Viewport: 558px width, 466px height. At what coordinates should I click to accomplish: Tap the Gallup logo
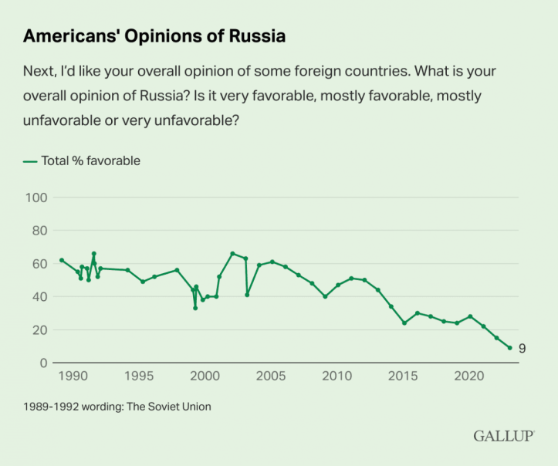pyautogui.click(x=504, y=436)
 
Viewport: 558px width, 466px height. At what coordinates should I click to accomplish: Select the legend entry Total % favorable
pyautogui.click(x=82, y=160)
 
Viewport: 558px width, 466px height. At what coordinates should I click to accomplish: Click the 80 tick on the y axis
pyautogui.click(x=39, y=231)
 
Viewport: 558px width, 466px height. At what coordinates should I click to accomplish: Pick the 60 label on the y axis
pyautogui.click(x=39, y=264)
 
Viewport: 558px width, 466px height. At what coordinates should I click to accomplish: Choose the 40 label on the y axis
pyautogui.click(x=39, y=297)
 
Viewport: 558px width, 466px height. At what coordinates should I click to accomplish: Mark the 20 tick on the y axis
pyautogui.click(x=39, y=330)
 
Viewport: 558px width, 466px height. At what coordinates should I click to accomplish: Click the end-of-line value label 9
pyautogui.click(x=522, y=349)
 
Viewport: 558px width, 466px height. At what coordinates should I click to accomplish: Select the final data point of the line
pyautogui.click(x=509, y=348)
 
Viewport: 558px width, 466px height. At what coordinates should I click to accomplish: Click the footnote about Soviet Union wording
pyautogui.click(x=117, y=406)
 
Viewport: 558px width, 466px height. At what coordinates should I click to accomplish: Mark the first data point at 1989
pyautogui.click(x=61, y=260)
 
